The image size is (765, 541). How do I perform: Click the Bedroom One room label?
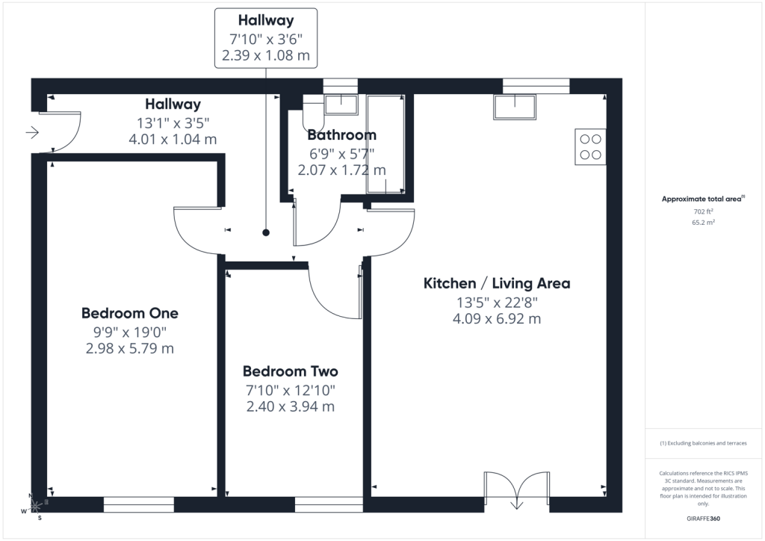pos(130,313)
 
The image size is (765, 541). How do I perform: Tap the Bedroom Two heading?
pos(291,371)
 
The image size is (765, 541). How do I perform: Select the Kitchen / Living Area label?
pos(497,283)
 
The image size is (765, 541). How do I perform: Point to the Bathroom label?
pos(342,135)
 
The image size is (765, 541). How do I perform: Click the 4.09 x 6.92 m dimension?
pos(497,319)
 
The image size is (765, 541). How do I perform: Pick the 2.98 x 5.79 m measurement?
pos(130,349)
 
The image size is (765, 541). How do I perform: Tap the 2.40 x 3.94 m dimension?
pos(291,406)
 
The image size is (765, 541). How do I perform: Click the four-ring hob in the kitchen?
pos(590,147)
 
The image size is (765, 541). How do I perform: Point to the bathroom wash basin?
pos(341,105)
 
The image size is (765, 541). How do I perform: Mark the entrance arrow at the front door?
pos(32,132)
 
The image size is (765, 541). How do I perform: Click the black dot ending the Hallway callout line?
pos(266,232)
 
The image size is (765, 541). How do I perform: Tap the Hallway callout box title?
pos(266,20)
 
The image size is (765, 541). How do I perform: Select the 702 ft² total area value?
pos(703,211)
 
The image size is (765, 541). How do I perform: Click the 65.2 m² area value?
pos(703,223)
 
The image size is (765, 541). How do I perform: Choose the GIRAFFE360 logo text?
pos(703,519)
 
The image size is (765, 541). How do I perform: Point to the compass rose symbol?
pos(34,507)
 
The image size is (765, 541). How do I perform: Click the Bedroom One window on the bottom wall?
pos(138,505)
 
